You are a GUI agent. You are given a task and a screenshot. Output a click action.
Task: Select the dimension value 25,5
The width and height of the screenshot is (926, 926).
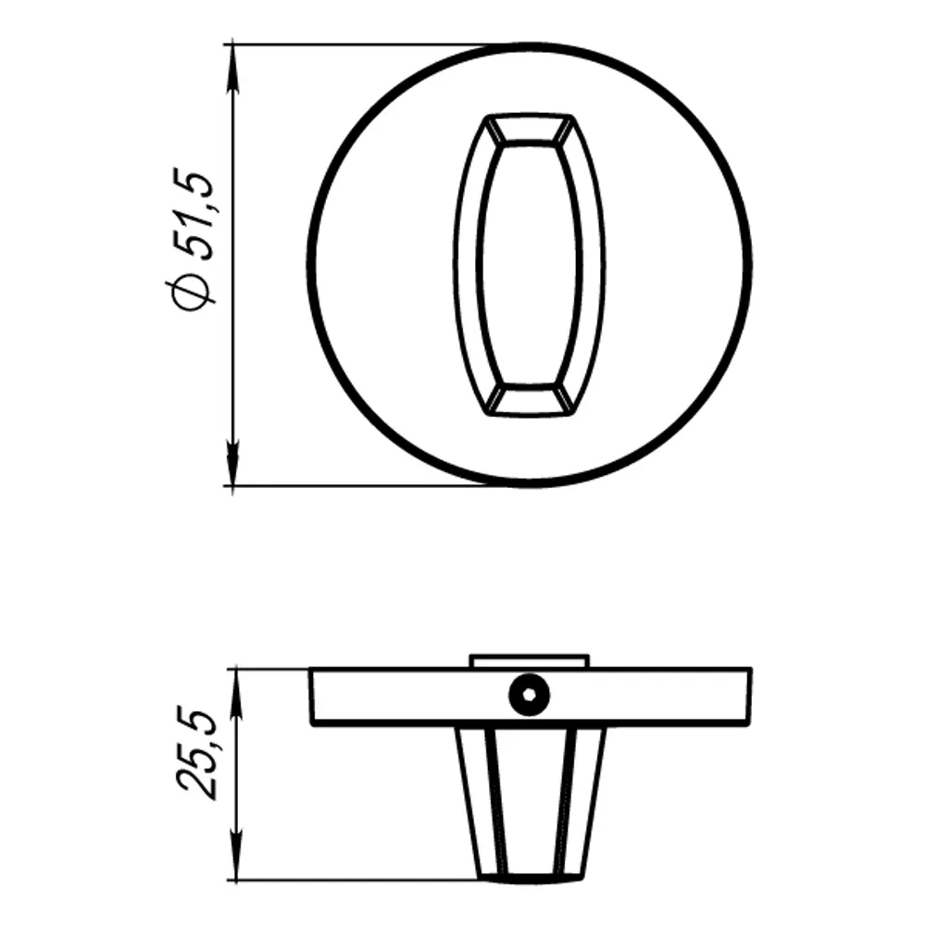point(196,751)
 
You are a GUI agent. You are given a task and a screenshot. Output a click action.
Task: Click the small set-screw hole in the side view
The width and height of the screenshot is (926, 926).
point(529,694)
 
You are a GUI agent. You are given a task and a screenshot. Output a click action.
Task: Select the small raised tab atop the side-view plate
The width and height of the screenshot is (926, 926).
point(529,660)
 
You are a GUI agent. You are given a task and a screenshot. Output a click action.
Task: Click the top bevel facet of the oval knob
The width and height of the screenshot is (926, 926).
point(529,130)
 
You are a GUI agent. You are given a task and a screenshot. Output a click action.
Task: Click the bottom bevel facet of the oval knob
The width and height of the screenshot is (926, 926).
point(529,398)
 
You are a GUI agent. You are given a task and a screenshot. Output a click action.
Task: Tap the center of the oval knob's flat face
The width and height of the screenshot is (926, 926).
point(529,264)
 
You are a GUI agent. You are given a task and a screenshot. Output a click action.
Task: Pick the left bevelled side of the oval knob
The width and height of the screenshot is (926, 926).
point(469,264)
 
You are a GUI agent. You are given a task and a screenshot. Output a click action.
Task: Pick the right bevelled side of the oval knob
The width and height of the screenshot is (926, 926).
point(593,264)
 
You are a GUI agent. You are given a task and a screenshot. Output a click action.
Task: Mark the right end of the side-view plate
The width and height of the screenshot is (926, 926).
point(747,695)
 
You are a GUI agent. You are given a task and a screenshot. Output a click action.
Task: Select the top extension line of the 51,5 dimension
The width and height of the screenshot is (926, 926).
point(361,43)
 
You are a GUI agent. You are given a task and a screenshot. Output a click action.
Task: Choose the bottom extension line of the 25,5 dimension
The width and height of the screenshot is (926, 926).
point(361,882)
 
